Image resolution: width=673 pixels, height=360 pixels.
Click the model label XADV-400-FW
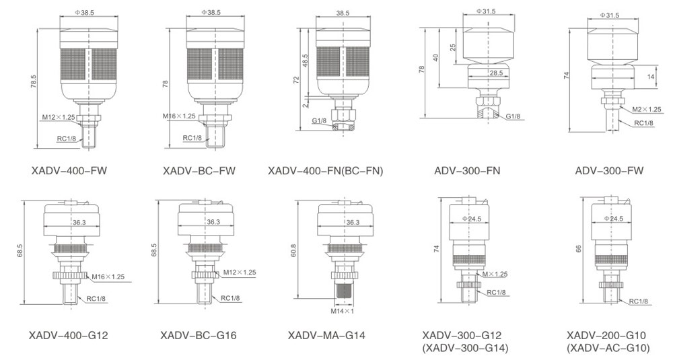tap(69, 171)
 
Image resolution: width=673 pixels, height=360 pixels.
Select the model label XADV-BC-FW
tap(199, 171)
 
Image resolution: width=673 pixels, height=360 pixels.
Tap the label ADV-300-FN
tap(467, 171)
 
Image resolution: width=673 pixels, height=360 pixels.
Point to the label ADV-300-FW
tap(609, 171)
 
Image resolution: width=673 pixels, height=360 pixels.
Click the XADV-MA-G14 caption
tap(326, 335)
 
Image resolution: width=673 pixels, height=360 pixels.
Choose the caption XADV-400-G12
tap(69, 335)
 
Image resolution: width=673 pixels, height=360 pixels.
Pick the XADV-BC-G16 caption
tap(199, 335)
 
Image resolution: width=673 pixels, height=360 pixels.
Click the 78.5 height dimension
tap(34, 82)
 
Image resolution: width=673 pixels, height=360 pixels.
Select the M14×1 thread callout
tap(342, 311)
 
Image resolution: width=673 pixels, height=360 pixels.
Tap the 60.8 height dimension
tap(293, 250)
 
